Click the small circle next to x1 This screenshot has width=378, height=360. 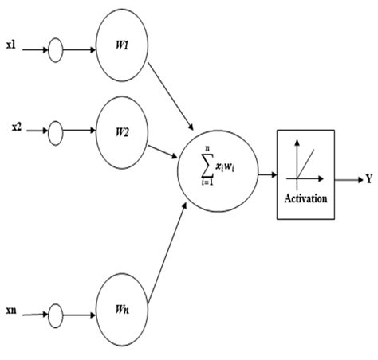tap(56, 52)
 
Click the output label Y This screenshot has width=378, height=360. tap(369, 179)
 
